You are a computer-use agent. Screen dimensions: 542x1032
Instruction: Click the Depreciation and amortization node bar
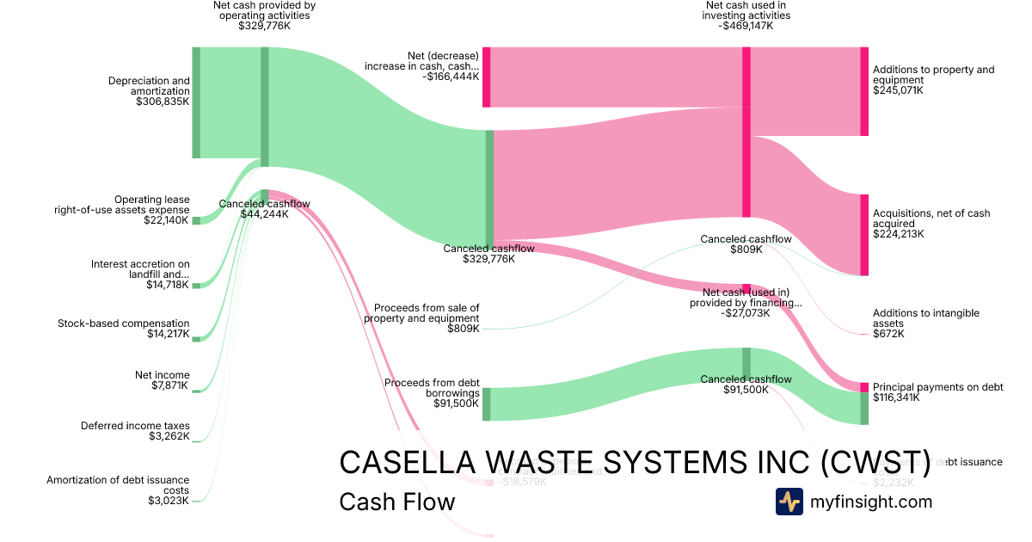[196, 102]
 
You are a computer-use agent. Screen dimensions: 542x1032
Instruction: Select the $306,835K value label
[163, 102]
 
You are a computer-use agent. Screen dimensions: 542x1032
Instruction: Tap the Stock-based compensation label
[124, 323]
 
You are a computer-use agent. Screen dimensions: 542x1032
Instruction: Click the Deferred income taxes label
[135, 426]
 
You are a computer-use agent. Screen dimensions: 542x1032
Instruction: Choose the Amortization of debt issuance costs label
[118, 485]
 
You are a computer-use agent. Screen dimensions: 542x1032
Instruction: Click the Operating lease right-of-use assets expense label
[121, 205]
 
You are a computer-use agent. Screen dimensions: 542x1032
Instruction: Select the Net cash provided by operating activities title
[264, 10]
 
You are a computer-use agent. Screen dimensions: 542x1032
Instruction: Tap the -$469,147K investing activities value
[746, 26]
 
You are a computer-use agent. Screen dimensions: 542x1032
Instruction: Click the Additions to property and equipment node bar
[864, 91]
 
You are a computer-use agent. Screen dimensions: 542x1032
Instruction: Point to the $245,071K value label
[898, 90]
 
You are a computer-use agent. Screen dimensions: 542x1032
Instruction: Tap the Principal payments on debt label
[937, 387]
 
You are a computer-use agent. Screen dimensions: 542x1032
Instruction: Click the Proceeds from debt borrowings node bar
[486, 404]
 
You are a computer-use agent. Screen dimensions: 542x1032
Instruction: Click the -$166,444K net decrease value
[451, 77]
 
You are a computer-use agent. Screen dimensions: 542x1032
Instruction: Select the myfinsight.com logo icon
[789, 502]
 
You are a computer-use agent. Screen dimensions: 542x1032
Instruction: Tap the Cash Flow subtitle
[396, 502]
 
